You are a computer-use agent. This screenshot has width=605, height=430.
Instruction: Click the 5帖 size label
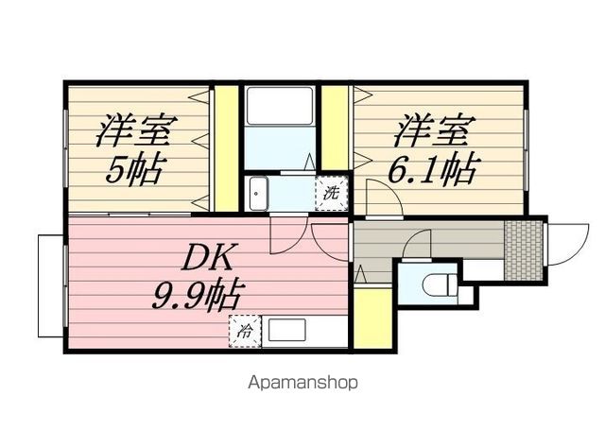pyautogui.click(x=132, y=170)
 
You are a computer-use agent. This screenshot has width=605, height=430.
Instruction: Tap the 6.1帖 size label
pyautogui.click(x=434, y=170)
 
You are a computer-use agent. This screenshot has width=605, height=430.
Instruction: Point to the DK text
pyautogui.click(x=208, y=257)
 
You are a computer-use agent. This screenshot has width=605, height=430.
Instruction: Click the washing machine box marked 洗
pyautogui.click(x=331, y=193)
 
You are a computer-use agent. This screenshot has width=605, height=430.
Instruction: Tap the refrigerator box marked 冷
pyautogui.click(x=246, y=332)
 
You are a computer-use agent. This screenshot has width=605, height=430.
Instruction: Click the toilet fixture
pyautogui.click(x=440, y=284)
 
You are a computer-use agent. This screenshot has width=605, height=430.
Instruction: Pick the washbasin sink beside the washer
pyautogui.click(x=258, y=194)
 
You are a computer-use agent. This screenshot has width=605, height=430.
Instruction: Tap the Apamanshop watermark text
pyautogui.click(x=302, y=383)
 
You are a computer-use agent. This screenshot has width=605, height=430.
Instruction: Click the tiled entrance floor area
pyautogui.click(x=524, y=249)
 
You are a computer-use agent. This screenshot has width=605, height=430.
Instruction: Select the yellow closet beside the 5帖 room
pyautogui.click(x=226, y=148)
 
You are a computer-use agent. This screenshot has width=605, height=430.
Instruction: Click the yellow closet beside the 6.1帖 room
pyautogui.click(x=335, y=128)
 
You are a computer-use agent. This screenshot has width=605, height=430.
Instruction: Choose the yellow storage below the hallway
pyautogui.click(x=372, y=318)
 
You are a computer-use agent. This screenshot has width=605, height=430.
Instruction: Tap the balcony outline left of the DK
pyautogui.click(x=51, y=285)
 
